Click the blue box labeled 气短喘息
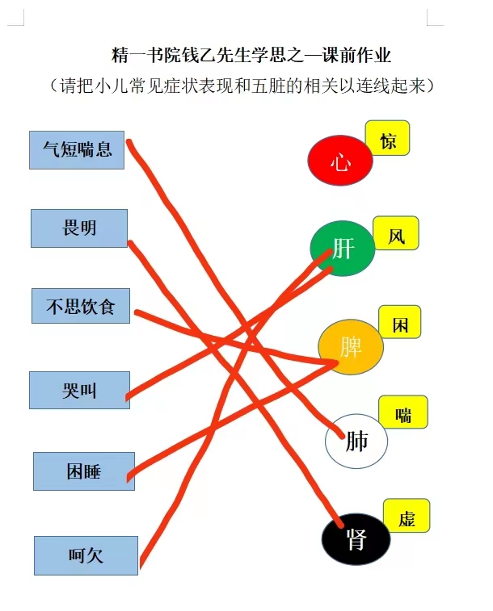(x=77, y=150)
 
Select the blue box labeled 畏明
(x=79, y=228)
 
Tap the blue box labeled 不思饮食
(x=81, y=306)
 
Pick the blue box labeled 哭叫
(x=79, y=390)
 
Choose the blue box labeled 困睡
(x=84, y=471)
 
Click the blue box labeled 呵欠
(x=86, y=555)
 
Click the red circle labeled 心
(x=340, y=160)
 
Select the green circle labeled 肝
(x=343, y=249)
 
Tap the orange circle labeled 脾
(x=351, y=347)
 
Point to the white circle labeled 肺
(x=356, y=441)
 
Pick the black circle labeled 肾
(x=356, y=539)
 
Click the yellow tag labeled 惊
(x=387, y=138)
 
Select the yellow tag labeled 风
(x=396, y=233)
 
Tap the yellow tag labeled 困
(x=400, y=322)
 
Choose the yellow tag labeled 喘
(x=403, y=412)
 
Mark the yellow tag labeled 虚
(x=407, y=516)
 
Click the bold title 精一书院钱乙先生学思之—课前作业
(x=251, y=55)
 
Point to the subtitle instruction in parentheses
(x=242, y=86)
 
